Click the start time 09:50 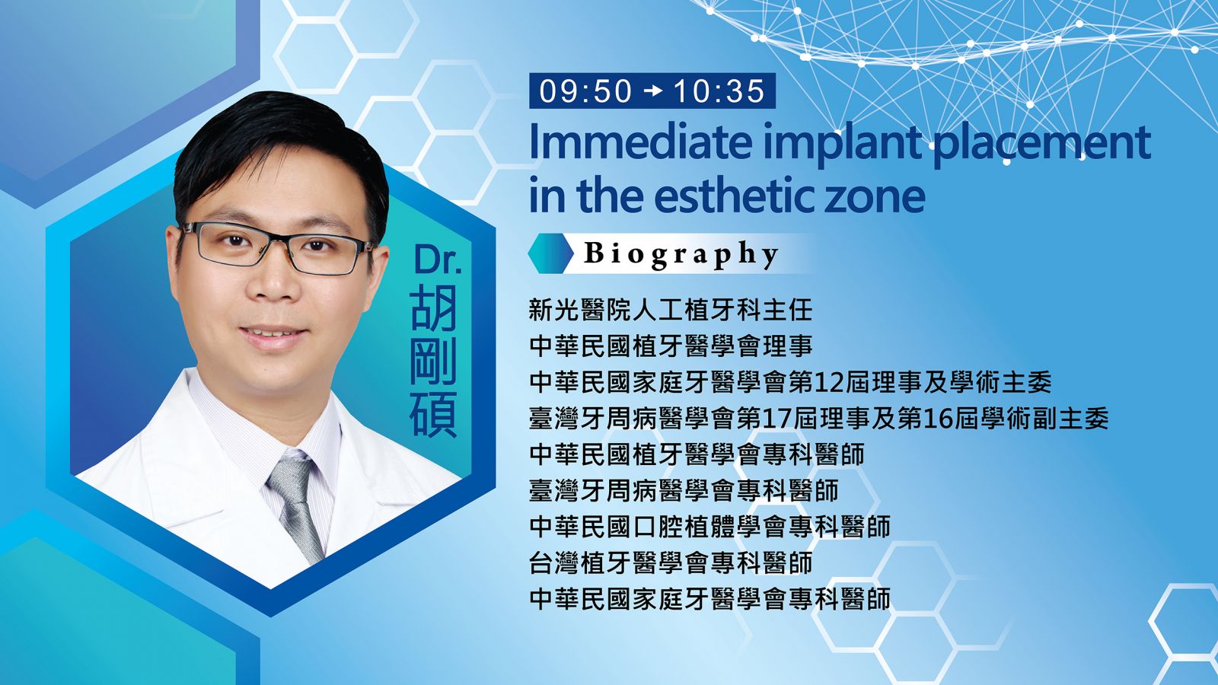point(585,91)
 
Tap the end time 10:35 point(719,91)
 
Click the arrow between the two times point(652,91)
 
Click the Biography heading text point(681,254)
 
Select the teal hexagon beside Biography point(551,253)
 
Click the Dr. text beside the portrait point(438,260)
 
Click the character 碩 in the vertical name point(433,413)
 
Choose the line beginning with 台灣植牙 point(671,562)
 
